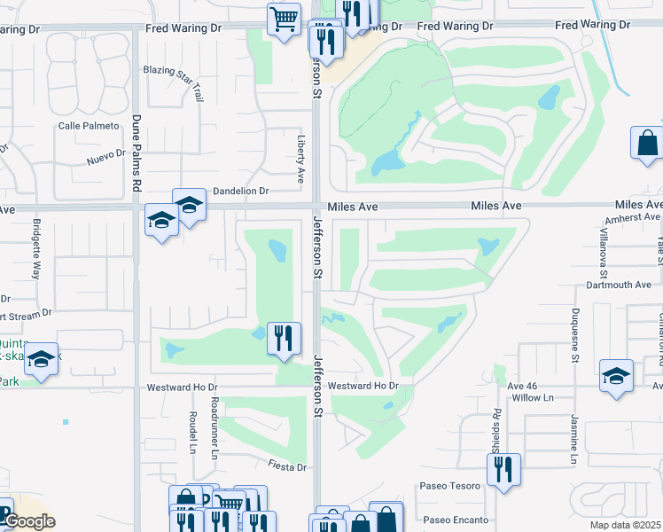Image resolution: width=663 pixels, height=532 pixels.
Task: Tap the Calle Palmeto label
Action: coord(89,126)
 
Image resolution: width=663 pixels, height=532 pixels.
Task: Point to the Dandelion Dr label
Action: coord(240,191)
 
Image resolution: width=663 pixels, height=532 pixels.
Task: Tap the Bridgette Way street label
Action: coord(37,249)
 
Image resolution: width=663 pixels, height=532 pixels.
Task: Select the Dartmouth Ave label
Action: coord(619,285)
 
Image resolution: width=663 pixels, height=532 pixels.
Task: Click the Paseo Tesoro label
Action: coord(451,486)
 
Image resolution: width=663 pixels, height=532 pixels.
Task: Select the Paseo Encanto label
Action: coord(456,520)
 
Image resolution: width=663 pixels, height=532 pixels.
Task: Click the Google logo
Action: coord(30,521)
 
